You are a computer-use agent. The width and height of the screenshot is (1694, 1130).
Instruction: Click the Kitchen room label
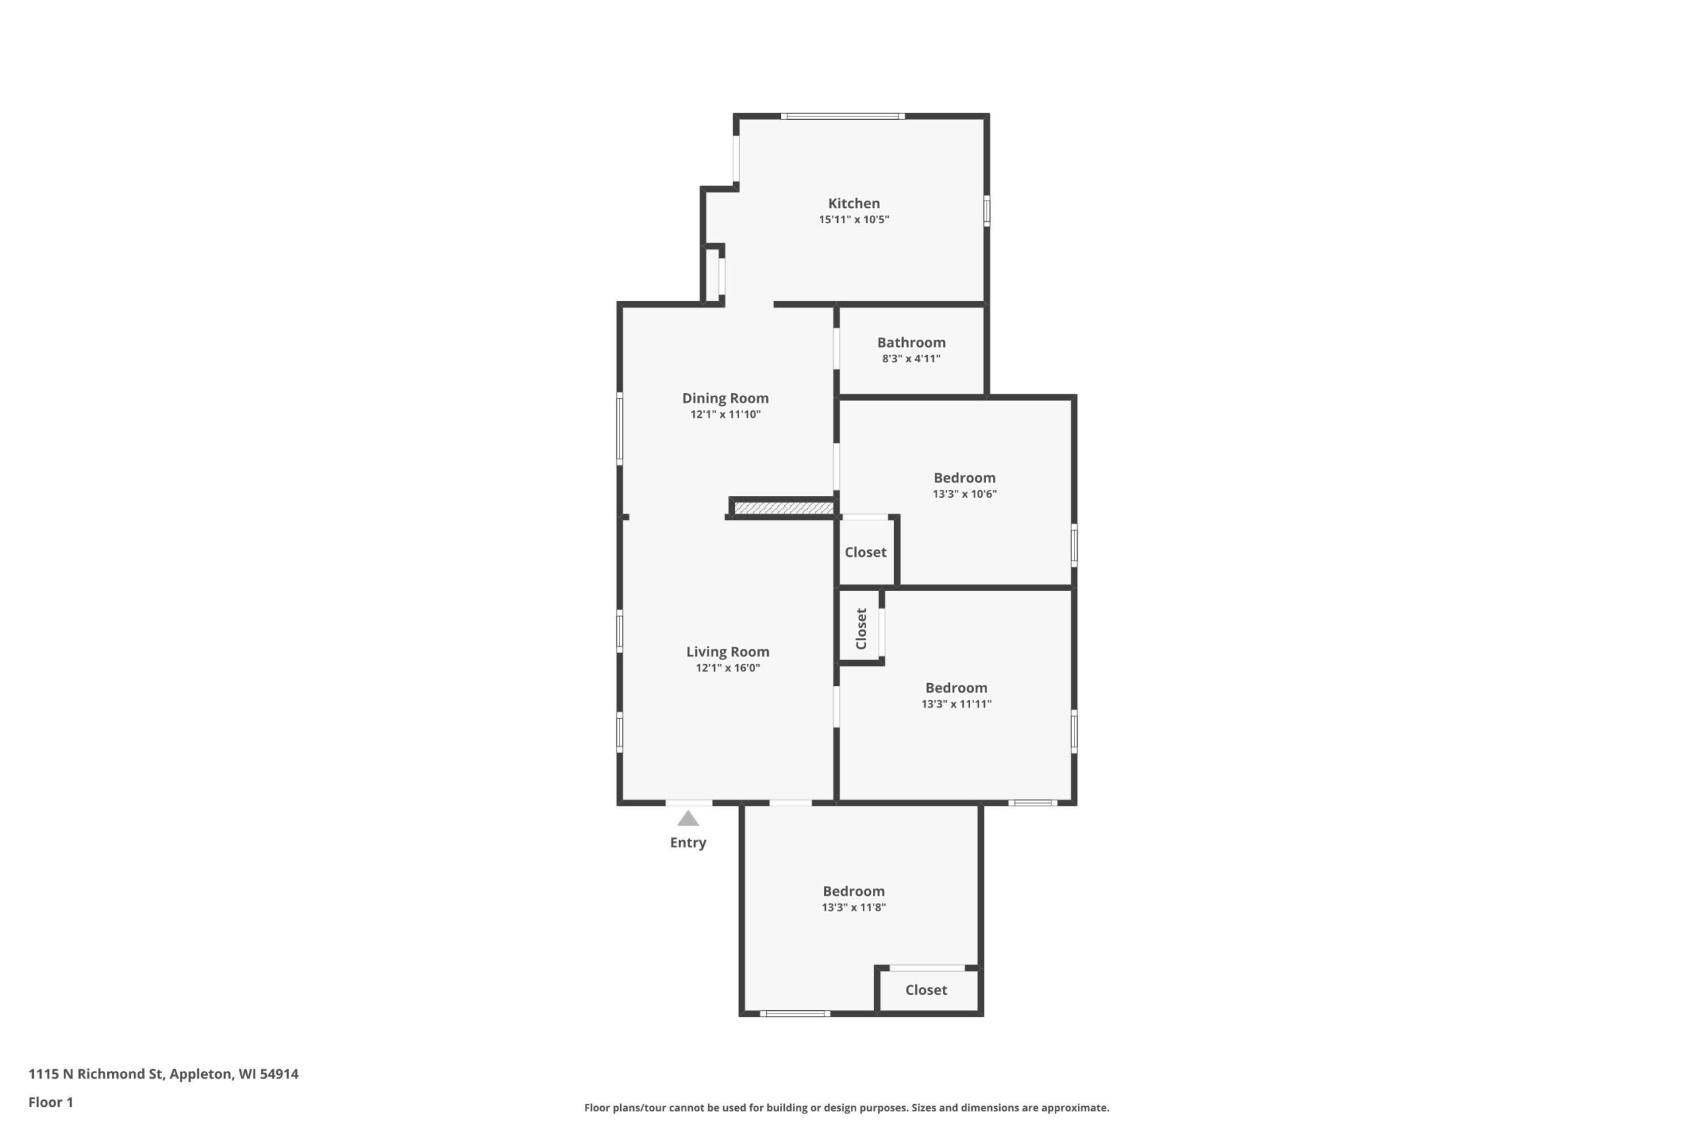coord(854,203)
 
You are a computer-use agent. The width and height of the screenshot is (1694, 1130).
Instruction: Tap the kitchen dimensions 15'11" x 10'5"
coord(854,219)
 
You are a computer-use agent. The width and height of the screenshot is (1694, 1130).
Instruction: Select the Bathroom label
coord(911,342)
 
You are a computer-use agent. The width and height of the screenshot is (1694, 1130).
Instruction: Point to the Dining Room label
coord(725,399)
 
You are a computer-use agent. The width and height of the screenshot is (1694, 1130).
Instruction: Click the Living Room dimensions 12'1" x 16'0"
coord(727,667)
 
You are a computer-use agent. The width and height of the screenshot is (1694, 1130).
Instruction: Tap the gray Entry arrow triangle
coord(688,819)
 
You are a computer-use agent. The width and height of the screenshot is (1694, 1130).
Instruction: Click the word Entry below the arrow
coord(688,843)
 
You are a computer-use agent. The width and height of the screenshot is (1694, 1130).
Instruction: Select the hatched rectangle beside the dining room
coord(783,508)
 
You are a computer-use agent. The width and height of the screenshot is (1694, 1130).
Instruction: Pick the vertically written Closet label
coord(861,628)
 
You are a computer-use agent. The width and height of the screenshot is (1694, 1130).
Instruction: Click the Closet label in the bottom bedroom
coord(926,990)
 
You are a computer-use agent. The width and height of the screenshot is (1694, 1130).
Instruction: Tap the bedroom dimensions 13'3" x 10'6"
coord(964,494)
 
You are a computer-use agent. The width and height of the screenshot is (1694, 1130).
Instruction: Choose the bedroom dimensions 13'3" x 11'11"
coord(956,704)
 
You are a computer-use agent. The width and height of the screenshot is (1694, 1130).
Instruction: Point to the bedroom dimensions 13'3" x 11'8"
coord(854,908)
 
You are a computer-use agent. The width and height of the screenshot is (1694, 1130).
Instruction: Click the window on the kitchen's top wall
coord(842,116)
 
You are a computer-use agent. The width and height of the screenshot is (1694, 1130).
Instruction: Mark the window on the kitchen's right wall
coord(987,211)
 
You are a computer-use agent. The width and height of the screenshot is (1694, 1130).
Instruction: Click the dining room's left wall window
coord(619,428)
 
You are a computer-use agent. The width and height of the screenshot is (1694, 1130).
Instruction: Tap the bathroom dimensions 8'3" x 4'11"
coord(911,358)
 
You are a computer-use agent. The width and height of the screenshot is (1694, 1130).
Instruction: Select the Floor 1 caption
coord(51,1102)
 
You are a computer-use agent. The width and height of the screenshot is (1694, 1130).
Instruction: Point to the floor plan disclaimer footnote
coord(846,1107)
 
